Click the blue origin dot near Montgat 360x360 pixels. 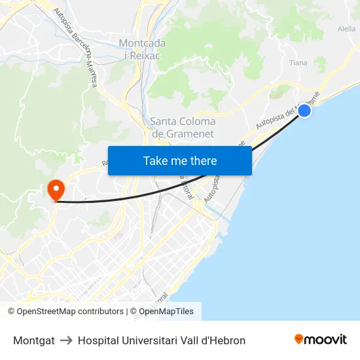(304, 111)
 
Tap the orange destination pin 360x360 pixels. (56, 190)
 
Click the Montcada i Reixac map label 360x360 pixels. (142, 49)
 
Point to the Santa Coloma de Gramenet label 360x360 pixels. (183, 128)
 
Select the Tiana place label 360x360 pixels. (298, 63)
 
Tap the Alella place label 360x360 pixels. (346, 29)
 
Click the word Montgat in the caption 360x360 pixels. (34, 340)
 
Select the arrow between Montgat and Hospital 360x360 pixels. (66, 340)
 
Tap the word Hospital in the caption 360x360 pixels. (99, 340)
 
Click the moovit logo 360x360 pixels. (321, 339)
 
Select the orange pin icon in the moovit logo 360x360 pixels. (299, 339)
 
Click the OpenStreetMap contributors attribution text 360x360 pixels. (70, 312)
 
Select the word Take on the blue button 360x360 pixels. (156, 161)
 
